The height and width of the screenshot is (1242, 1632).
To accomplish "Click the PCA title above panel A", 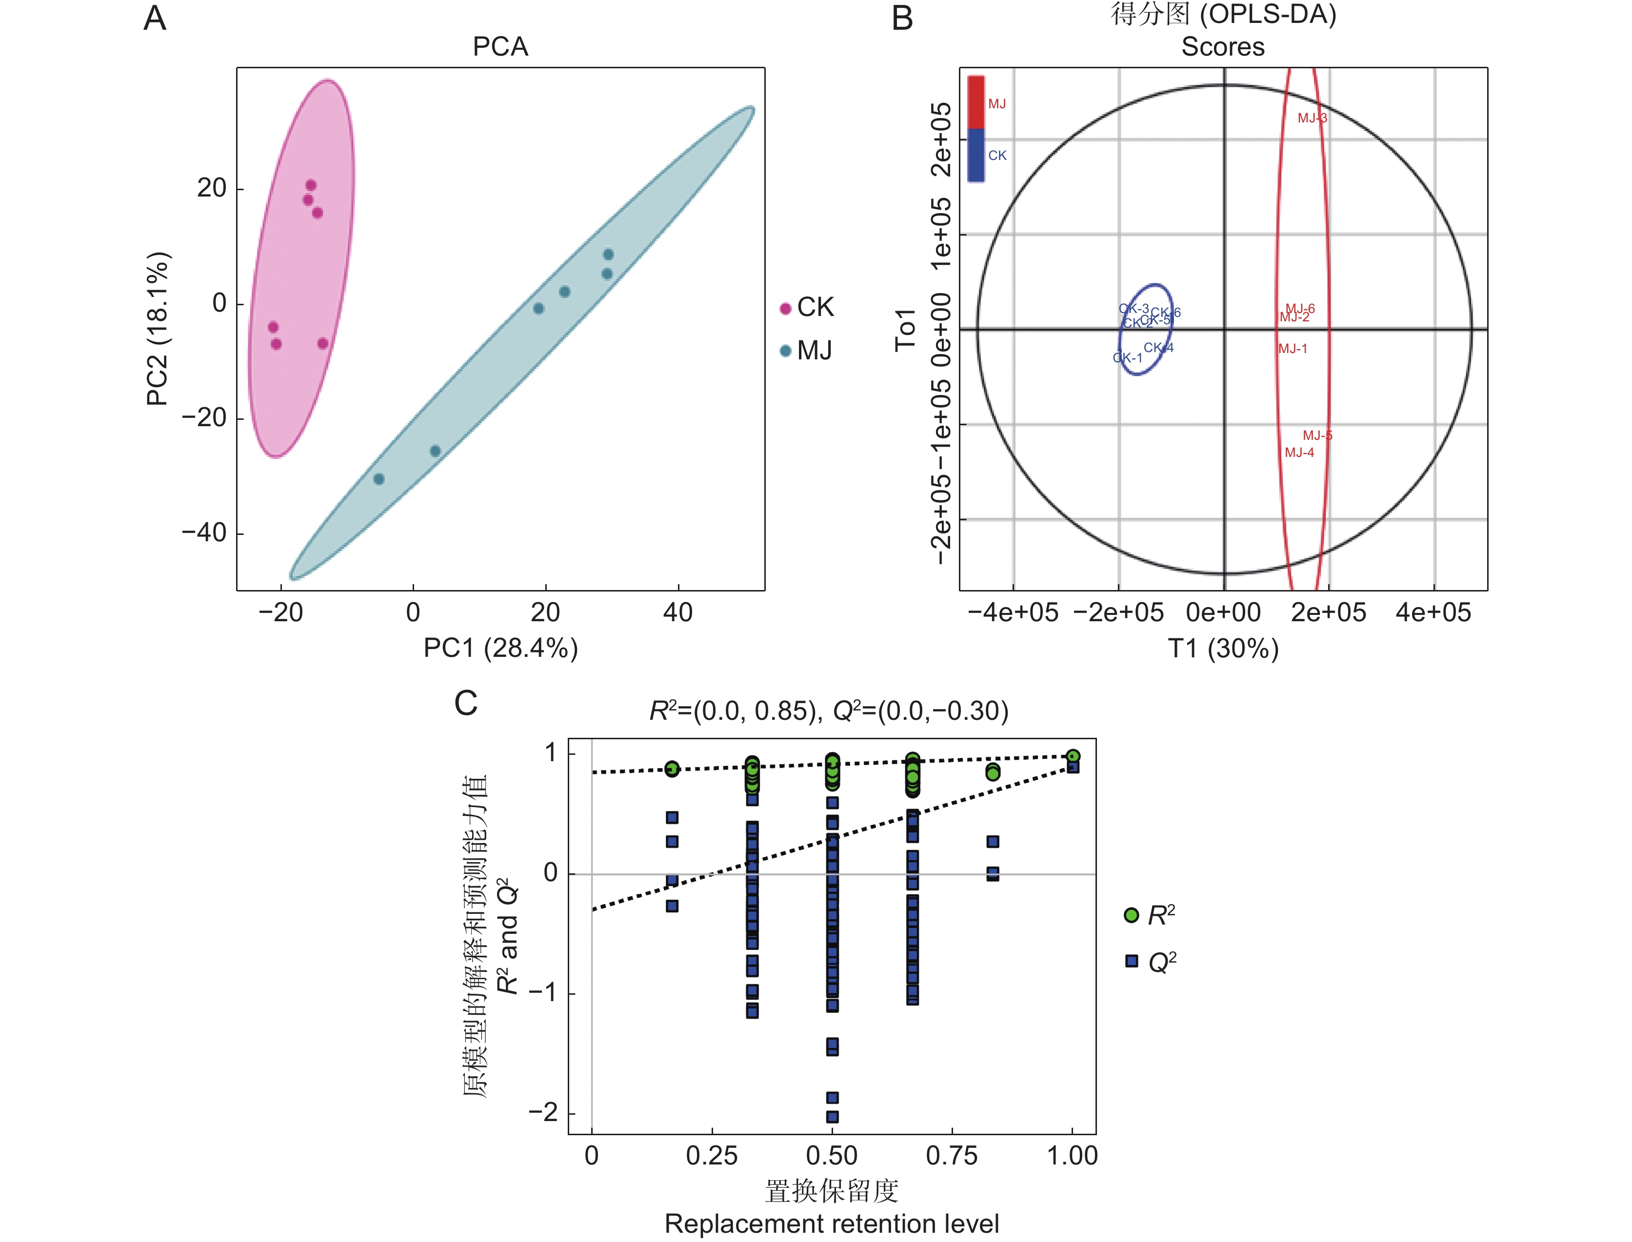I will [500, 47].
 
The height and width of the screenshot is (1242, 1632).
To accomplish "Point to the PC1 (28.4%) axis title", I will [500, 649].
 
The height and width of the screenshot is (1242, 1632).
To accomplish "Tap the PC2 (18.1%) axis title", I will [158, 329].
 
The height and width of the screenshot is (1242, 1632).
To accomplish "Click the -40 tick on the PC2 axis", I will [204, 533].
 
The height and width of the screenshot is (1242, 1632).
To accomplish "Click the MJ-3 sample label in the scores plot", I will [1312, 118].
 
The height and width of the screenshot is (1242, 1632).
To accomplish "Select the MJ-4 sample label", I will [1299, 453].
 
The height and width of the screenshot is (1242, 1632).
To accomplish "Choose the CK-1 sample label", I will [1128, 358].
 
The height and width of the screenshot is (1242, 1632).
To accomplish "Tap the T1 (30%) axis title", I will [1223, 649].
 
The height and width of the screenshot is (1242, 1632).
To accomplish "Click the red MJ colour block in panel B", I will [976, 102].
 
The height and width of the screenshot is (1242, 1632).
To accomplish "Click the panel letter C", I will [465, 703].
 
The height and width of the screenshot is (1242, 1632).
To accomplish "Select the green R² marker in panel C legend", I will [1131, 915].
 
